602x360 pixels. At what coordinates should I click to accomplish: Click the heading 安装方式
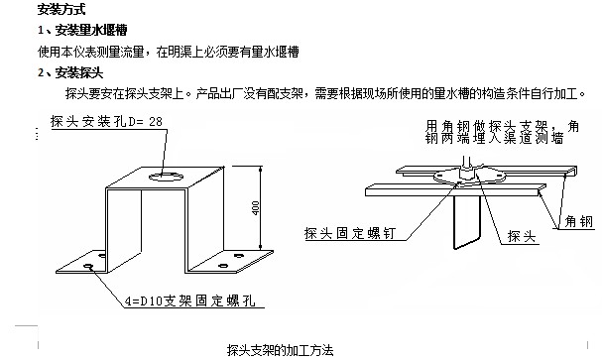pos(61,9)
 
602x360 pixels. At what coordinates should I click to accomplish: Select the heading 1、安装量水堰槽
pos(82,30)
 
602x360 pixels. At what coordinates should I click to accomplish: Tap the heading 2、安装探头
pos(70,72)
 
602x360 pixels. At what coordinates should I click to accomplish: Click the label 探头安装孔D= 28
pos(106,122)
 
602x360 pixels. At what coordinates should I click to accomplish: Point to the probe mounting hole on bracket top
pos(167,177)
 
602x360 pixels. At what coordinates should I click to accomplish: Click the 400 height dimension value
pos(255,207)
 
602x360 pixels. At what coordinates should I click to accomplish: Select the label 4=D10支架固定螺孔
pos(190,300)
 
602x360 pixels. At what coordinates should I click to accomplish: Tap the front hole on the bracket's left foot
pos(88,266)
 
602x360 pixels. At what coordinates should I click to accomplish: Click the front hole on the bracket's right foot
pos(223,266)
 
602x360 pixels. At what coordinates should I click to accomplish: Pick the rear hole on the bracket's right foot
pos(238,255)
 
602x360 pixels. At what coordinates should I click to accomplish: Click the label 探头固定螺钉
pos(350,233)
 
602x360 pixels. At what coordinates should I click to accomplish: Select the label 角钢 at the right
pos(579,221)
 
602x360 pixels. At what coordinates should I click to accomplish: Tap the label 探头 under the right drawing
pos(522,236)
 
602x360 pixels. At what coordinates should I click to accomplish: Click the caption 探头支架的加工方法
pos(281,350)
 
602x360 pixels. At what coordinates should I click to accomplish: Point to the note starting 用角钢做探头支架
pos(502,132)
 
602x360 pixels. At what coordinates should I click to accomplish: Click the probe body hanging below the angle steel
pos(467,222)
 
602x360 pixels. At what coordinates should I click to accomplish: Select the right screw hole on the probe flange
pos(499,176)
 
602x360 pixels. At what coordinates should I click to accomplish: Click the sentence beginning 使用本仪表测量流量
pos(169,52)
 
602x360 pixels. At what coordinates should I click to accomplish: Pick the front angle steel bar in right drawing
pos(455,190)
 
